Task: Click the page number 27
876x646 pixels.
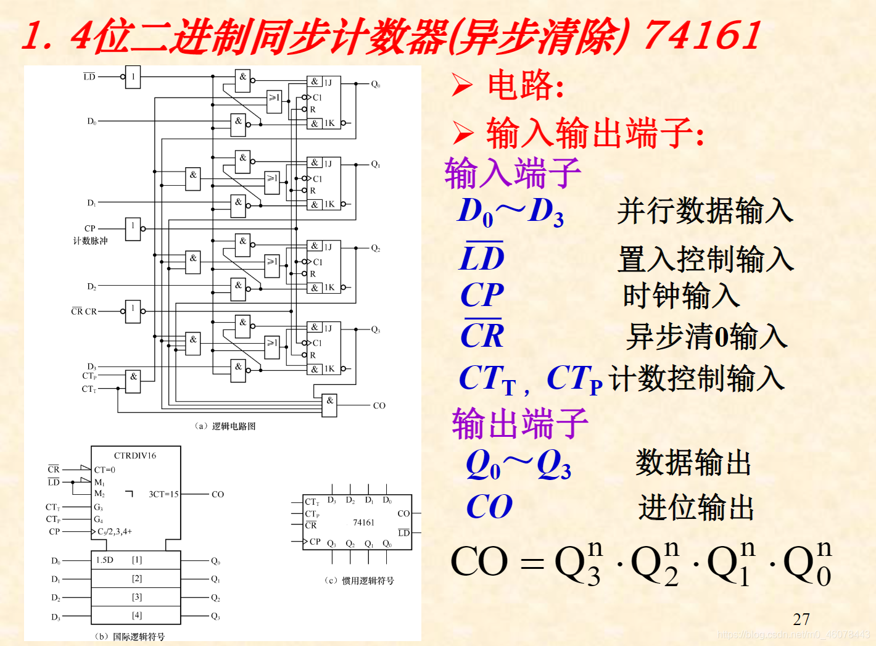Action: pyautogui.click(x=801, y=619)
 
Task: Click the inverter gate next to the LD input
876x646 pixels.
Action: pyautogui.click(x=133, y=77)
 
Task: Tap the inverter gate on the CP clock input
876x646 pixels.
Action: pyautogui.click(x=133, y=228)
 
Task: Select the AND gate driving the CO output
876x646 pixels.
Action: pyautogui.click(x=329, y=405)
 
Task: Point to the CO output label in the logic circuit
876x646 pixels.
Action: pyautogui.click(x=379, y=405)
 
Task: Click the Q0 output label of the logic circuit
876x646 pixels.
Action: pyautogui.click(x=376, y=84)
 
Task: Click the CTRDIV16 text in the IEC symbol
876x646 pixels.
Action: pyautogui.click(x=135, y=456)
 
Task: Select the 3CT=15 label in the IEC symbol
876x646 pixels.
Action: pyautogui.click(x=163, y=494)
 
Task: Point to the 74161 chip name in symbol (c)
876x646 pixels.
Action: pyautogui.click(x=363, y=523)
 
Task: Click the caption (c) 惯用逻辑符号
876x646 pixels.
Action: pyautogui.click(x=359, y=581)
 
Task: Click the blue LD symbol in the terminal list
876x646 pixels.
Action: pyautogui.click(x=482, y=257)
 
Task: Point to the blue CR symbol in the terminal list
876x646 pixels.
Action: pyautogui.click(x=482, y=336)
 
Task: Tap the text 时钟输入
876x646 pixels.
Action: pyautogui.click(x=681, y=296)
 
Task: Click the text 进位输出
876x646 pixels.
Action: pyautogui.click(x=696, y=508)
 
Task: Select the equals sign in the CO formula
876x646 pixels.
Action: pyautogui.click(x=532, y=563)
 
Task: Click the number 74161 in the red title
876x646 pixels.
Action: pyautogui.click(x=702, y=35)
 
